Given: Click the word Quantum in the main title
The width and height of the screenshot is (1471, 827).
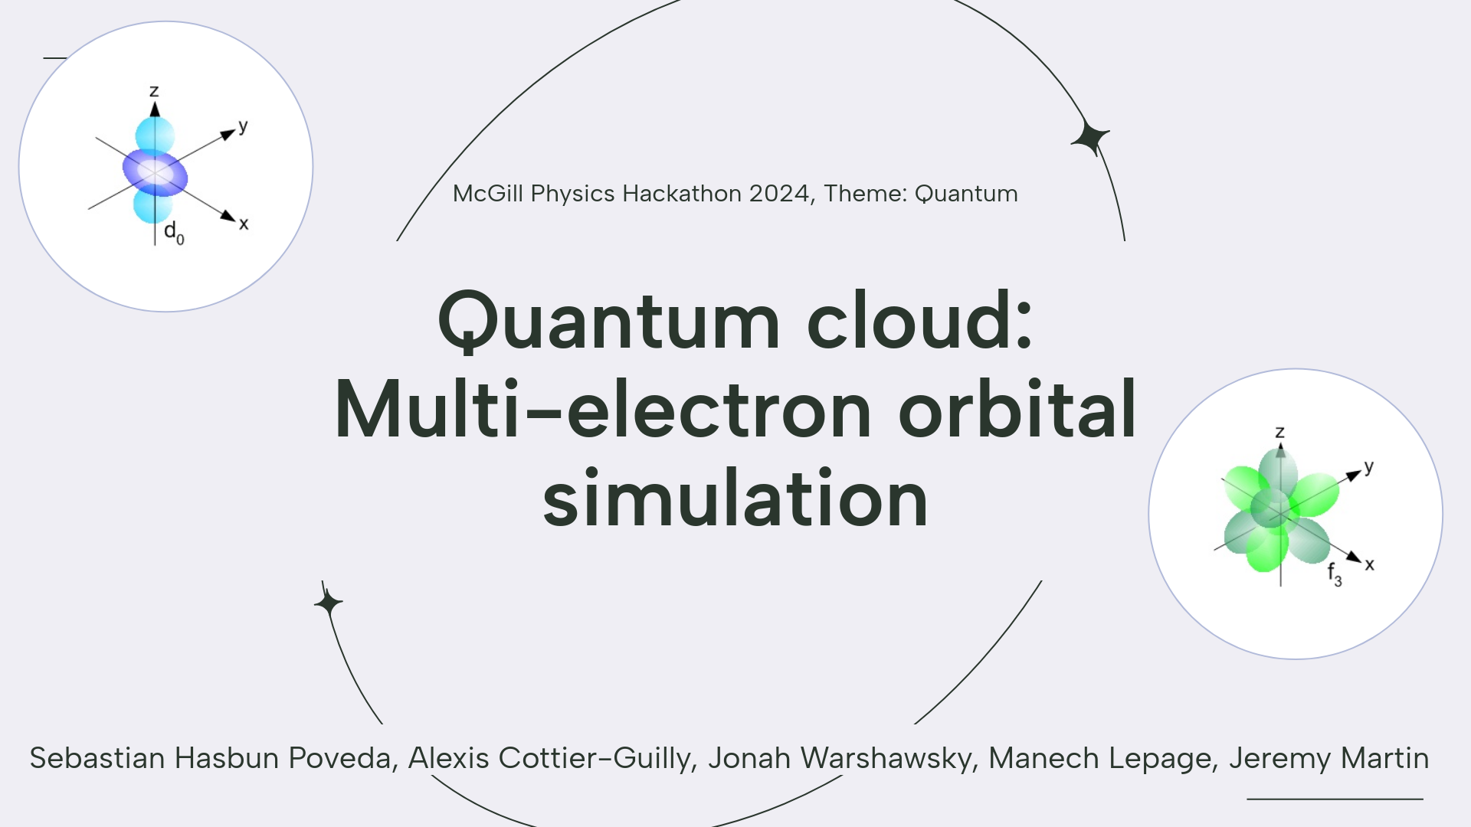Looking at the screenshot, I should point(609,322).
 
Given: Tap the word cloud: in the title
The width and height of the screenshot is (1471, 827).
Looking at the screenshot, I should point(919,322).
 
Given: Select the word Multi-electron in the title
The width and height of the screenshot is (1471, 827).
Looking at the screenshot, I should point(602,410).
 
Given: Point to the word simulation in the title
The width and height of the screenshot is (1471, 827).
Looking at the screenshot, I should point(735,499).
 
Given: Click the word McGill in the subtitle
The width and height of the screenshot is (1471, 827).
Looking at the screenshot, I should point(487,194).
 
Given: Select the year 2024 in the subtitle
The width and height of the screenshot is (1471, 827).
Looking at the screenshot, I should point(780,194).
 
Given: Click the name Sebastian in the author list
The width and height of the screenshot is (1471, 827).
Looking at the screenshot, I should point(97,758).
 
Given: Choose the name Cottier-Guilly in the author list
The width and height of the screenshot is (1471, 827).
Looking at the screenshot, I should point(596,758).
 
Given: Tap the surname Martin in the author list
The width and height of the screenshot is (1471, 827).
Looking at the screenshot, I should point(1384,758).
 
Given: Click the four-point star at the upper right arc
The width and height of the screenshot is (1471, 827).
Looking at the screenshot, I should point(1089,139).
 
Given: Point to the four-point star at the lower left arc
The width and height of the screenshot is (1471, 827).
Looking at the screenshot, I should point(328,603).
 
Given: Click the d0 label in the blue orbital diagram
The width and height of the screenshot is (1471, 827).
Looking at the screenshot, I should point(174,232).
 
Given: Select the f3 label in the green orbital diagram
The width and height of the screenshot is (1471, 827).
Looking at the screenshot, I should point(1334,574).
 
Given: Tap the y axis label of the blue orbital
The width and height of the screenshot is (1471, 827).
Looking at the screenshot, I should point(243,126).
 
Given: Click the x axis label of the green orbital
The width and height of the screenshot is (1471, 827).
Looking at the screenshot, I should point(1369,565).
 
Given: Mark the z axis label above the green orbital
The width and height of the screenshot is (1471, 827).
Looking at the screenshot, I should point(1279,432).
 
